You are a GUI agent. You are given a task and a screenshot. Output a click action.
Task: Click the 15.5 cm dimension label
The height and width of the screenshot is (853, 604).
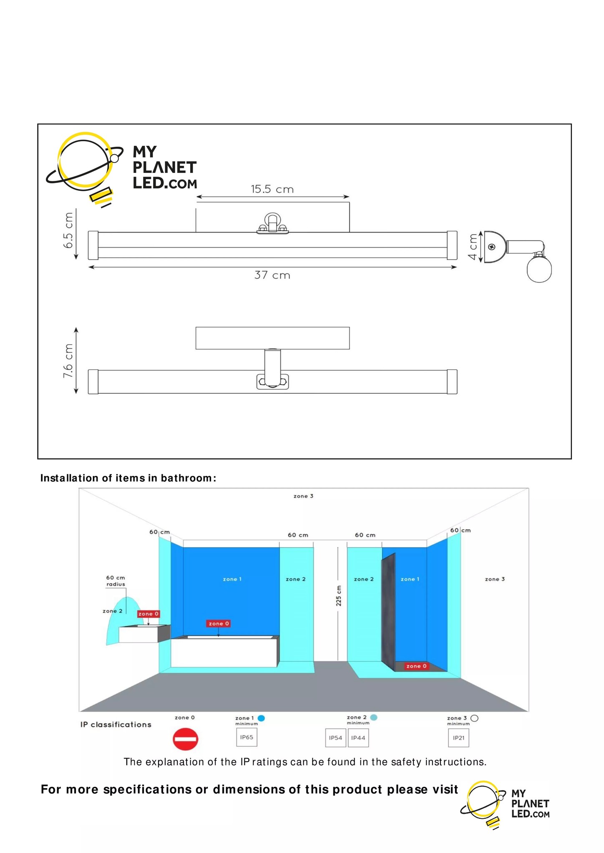pyautogui.click(x=272, y=189)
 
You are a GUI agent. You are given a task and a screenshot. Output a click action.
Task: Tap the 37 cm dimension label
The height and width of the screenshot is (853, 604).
pyautogui.click(x=272, y=275)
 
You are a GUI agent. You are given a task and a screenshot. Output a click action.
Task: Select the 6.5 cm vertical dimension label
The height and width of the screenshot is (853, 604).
pyautogui.click(x=68, y=230)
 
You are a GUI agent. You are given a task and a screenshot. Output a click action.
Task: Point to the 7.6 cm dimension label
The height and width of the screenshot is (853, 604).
pyautogui.click(x=68, y=361)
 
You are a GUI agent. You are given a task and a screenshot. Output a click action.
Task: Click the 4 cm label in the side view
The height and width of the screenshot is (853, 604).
pyautogui.click(x=473, y=247)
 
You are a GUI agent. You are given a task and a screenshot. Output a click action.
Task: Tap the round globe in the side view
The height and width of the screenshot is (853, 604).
pyautogui.click(x=539, y=270)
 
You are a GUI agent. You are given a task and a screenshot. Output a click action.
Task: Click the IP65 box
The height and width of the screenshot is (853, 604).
pyautogui.click(x=247, y=737)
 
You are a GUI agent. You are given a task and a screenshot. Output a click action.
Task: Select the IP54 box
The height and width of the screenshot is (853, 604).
pyautogui.click(x=335, y=738)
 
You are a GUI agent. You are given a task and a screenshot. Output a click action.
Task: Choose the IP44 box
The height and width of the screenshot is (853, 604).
pyautogui.click(x=358, y=738)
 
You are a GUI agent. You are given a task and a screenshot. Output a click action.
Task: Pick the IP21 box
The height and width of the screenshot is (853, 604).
pyautogui.click(x=458, y=738)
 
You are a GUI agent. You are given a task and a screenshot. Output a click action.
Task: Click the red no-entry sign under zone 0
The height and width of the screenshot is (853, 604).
pyautogui.click(x=185, y=739)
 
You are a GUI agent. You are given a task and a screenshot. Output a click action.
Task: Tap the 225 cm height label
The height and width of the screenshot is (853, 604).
pyautogui.click(x=339, y=595)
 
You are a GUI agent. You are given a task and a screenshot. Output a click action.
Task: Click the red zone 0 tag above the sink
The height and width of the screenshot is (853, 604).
pyautogui.click(x=148, y=614)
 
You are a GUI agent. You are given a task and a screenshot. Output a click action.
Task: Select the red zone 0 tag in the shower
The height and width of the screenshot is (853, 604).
pyautogui.click(x=416, y=666)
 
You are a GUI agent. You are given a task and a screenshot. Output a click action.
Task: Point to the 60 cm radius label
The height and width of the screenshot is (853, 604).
pyautogui.click(x=116, y=581)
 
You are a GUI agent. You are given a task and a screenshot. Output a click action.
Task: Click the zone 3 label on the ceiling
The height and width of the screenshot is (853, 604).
pyautogui.click(x=303, y=496)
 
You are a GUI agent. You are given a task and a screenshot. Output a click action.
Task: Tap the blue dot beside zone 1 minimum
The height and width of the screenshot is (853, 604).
pyautogui.click(x=262, y=718)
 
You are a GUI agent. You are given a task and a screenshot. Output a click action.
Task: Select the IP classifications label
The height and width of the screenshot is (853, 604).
pyautogui.click(x=116, y=725)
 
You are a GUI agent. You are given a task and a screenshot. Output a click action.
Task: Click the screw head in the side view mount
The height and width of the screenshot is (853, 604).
pyautogui.click(x=492, y=247)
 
